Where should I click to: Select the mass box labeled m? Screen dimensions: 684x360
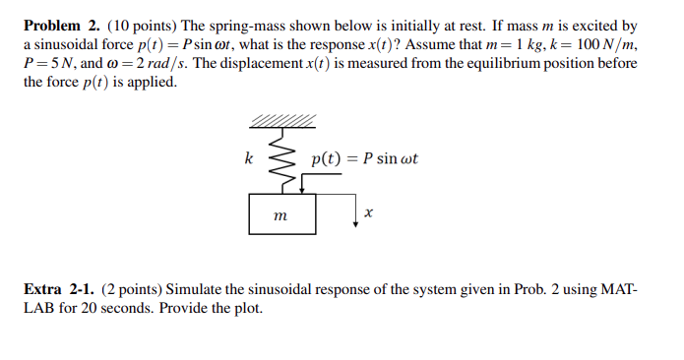pyautogui.click(x=280, y=211)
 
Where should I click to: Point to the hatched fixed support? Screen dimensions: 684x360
pyautogui.click(x=283, y=121)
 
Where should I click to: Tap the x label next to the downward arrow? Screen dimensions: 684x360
pyautogui.click(x=369, y=211)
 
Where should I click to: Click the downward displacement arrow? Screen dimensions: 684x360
pyautogui.click(x=356, y=209)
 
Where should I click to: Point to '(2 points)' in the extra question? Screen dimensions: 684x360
pyautogui.click(x=130, y=290)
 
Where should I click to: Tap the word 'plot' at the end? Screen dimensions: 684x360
pyautogui.click(x=250, y=309)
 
